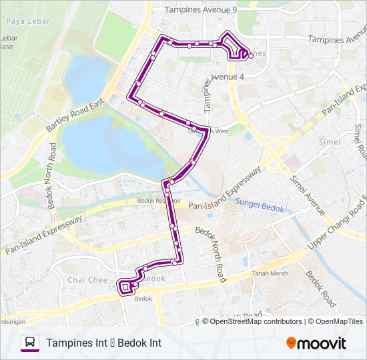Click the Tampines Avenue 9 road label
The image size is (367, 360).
tap(201, 10)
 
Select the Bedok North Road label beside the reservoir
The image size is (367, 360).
tap(53, 177)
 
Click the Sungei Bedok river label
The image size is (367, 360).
tap(261, 209)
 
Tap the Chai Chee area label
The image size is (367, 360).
tap(85, 280)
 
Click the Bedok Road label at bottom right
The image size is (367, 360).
tap(320, 288)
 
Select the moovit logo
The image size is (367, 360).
tap(316, 343)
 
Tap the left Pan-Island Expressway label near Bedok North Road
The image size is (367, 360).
tap(45, 234)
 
